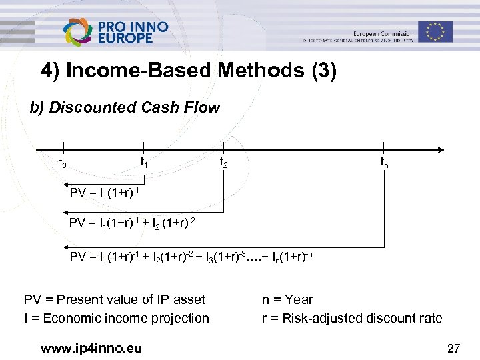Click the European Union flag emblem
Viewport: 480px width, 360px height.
(435, 31)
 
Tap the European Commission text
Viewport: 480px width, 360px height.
(383, 33)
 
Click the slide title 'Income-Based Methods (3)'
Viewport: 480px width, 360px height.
(189, 71)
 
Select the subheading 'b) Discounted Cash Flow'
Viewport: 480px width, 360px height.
(125, 107)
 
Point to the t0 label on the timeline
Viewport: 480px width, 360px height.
(63, 163)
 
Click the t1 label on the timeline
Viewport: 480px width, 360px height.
(143, 162)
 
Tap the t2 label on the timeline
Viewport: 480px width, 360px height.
(224, 162)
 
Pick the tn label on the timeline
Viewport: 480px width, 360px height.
(384, 162)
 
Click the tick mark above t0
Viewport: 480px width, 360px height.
(63, 148)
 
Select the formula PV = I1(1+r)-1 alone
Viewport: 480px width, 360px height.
(103, 193)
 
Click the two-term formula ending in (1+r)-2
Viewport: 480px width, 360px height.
(132, 223)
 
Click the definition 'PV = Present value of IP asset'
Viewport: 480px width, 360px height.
(115, 299)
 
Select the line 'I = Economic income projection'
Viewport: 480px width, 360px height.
(117, 318)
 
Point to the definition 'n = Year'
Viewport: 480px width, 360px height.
(287, 299)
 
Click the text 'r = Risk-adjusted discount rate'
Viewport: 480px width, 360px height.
(352, 318)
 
